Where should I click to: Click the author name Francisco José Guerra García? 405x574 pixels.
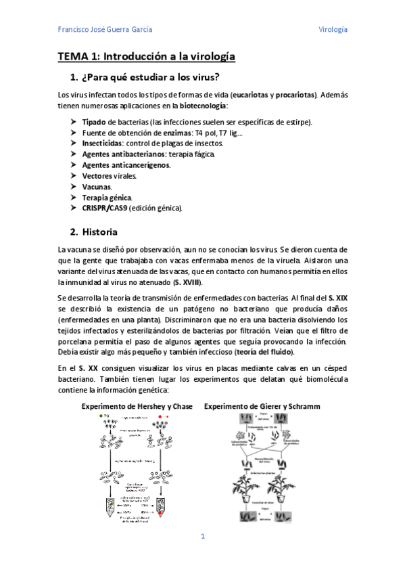(x=105, y=30)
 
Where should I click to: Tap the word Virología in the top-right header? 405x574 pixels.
(x=333, y=30)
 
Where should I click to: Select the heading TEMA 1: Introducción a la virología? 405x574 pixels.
(x=146, y=58)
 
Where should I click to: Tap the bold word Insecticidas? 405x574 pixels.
(x=103, y=143)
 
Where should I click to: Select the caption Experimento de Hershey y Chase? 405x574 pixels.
(x=137, y=406)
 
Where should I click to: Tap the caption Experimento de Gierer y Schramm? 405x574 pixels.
(x=262, y=406)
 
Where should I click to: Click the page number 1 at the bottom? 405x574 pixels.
(x=202, y=537)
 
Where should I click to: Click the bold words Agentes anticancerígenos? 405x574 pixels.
(x=126, y=165)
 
